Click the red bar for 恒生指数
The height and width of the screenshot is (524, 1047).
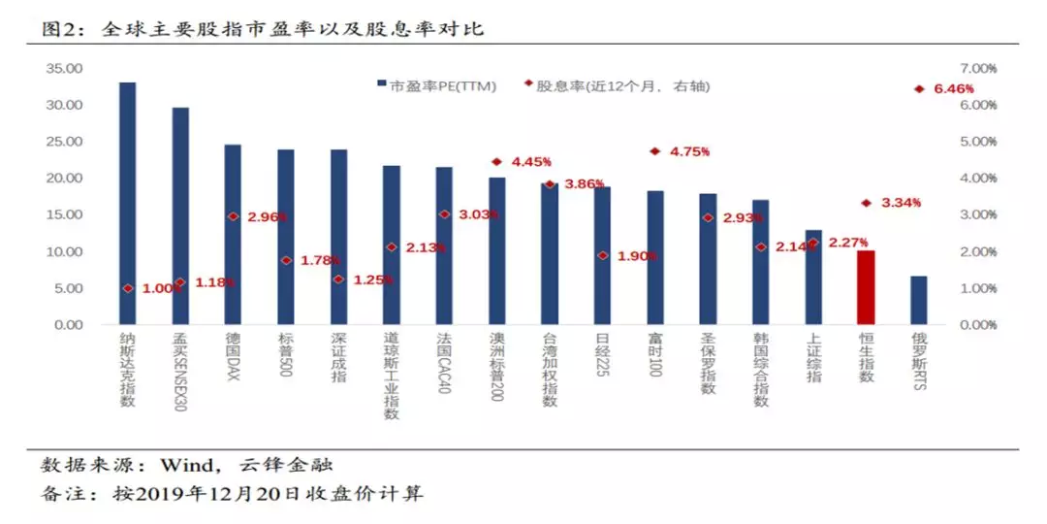point(865,287)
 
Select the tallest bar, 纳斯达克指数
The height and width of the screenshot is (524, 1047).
point(127,204)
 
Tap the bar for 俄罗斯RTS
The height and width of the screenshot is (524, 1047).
point(918,301)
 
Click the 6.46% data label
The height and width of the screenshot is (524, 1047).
point(953,89)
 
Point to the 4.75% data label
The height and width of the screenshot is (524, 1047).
point(689,152)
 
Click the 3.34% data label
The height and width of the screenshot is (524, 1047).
point(901,204)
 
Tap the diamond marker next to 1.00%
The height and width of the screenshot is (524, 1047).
point(127,288)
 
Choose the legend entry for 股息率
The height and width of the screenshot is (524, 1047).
point(620,86)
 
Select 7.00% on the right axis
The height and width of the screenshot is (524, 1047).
point(978,69)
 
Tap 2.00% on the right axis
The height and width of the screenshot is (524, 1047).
point(978,252)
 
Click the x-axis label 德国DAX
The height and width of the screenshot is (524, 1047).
point(233,357)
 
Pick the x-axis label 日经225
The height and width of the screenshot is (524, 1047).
point(602,358)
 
